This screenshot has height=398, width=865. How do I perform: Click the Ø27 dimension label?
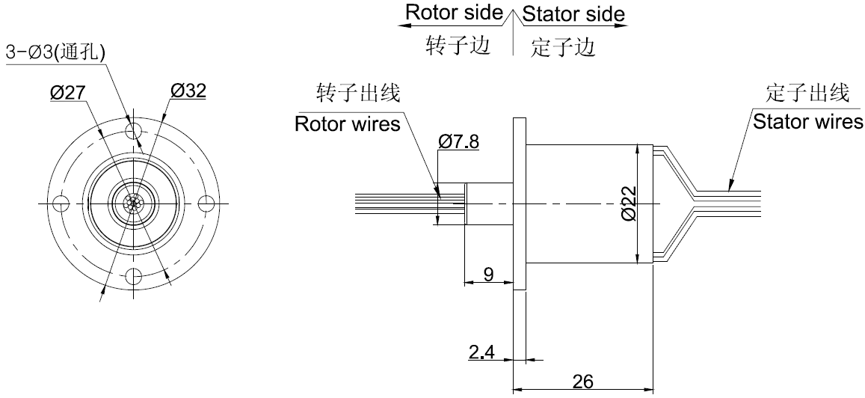click(68, 92)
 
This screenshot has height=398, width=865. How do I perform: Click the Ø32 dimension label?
click(188, 91)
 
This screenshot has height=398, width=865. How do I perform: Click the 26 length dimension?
click(583, 381)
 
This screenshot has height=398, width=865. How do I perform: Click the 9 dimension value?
click(488, 275)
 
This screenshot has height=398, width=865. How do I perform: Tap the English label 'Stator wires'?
click(807, 121)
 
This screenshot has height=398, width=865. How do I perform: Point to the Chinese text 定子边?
click(561, 49)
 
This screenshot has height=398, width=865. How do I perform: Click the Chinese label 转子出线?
click(359, 94)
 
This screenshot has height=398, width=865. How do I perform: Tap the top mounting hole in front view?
click(134, 131)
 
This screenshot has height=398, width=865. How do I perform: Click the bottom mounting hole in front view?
click(134, 275)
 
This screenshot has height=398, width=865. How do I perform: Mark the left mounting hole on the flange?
click(62, 203)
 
